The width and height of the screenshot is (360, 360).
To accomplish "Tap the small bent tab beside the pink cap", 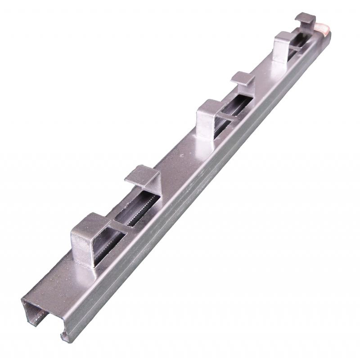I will tap(305, 19).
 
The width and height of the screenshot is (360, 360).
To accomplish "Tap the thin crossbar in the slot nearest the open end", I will tap(121, 227).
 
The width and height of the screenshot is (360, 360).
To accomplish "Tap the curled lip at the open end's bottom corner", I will tap(65, 336).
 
